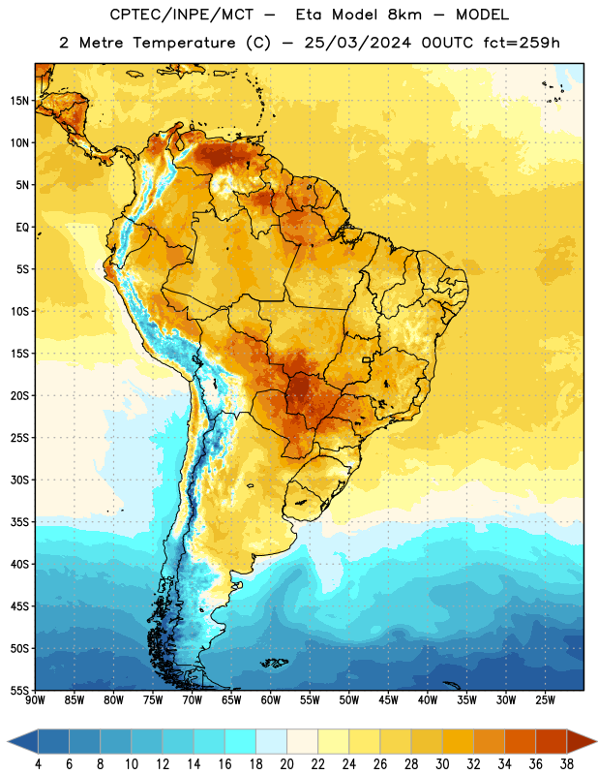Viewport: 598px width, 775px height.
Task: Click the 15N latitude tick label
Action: coord(19,101)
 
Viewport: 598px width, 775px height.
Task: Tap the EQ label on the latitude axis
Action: coord(22,228)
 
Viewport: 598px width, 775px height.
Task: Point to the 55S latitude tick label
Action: coord(19,690)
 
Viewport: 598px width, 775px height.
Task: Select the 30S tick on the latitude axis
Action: coord(19,480)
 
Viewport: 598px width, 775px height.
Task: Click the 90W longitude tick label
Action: coord(35,699)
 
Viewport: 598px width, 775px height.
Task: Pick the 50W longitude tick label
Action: coord(349,699)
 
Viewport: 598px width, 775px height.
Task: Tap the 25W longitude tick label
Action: coord(545,699)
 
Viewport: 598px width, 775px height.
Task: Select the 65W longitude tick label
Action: coord(231,699)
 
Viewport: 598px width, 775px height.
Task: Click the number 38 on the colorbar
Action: coord(566,764)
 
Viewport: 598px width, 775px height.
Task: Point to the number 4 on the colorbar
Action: coord(38,764)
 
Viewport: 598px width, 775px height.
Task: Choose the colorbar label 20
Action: coord(286,764)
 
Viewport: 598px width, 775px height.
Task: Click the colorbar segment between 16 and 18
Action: coord(241,741)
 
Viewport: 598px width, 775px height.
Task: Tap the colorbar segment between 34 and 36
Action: coord(520,741)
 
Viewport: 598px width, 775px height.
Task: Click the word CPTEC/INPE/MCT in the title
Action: coord(182,15)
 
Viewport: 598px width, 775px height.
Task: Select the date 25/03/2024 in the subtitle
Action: coord(357,43)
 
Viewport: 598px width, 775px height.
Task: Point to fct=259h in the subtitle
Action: coord(522,43)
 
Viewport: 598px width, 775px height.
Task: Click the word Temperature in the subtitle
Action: coord(184,44)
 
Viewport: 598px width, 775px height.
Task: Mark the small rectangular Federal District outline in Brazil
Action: coord(367,359)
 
